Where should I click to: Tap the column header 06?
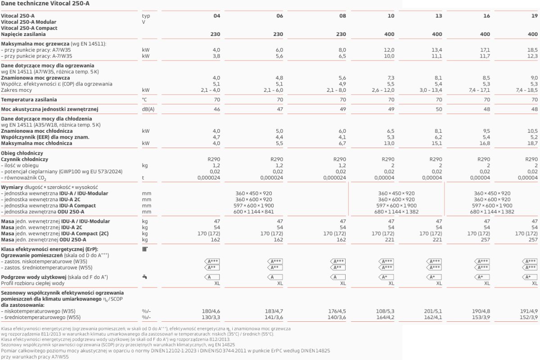tap(279, 16)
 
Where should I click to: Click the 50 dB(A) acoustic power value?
tap(438, 109)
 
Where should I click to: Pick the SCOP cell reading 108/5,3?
tap(385, 311)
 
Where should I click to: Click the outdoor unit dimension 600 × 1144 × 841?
tap(254, 212)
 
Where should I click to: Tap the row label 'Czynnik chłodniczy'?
tap(25, 159)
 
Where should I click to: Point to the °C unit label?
tap(144, 99)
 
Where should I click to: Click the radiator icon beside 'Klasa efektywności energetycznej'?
tap(145, 249)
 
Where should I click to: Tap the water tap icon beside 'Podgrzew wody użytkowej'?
tap(144, 277)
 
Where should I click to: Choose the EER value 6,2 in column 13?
tap(438, 137)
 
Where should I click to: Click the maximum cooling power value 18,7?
tap(532, 144)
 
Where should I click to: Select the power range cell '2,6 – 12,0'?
tap(382, 90)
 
